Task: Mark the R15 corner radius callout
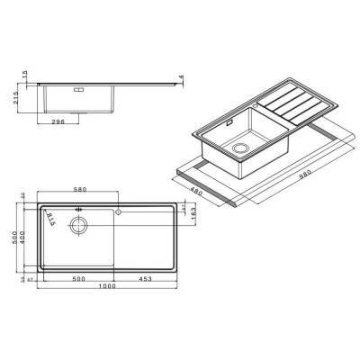(x=52, y=220)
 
